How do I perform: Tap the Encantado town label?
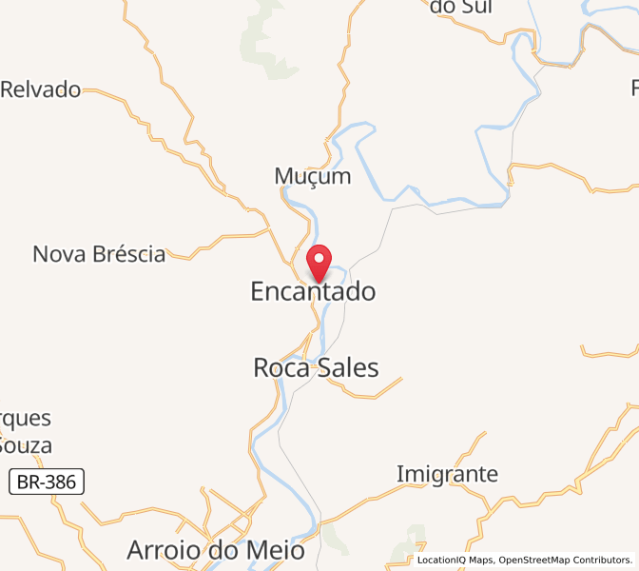pos(313,291)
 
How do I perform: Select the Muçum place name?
pos(313,176)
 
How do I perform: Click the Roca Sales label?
pos(316,367)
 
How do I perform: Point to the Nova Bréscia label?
pos(99,254)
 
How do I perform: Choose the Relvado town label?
pos(41,89)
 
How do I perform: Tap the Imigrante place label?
pos(447,473)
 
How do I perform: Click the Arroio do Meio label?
pos(216,550)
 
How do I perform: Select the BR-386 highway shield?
pos(48,482)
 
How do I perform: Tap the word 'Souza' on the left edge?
pos(26,444)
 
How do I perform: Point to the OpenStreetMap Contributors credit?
pos(565,560)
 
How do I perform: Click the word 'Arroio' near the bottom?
pos(163,550)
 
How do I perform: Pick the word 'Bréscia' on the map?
pos(127,254)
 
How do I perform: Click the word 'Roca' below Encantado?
pos(281,367)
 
